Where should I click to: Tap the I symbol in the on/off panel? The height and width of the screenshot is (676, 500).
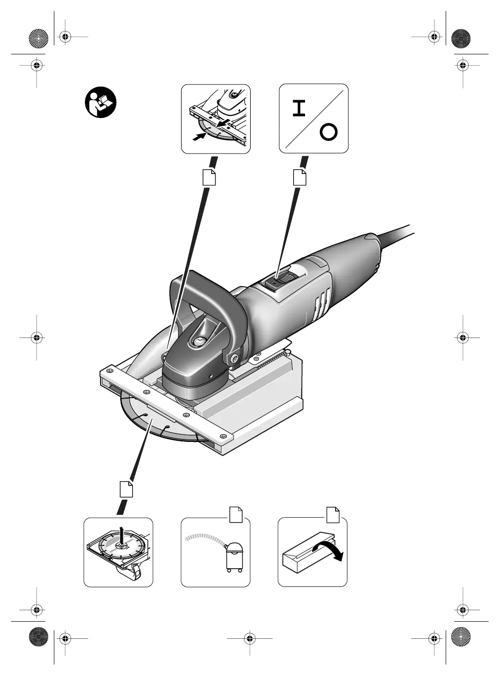(299, 109)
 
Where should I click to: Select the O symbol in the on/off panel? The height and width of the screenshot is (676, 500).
(328, 132)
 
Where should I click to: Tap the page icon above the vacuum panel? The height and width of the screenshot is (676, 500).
(236, 514)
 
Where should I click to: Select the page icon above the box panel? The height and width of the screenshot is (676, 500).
(333, 514)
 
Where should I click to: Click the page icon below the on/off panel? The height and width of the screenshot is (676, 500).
(299, 176)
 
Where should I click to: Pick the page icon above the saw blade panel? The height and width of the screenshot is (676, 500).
(126, 489)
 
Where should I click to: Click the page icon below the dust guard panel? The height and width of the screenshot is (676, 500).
(209, 176)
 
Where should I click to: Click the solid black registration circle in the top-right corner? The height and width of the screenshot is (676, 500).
(461, 37)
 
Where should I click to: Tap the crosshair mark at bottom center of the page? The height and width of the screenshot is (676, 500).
(249, 637)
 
